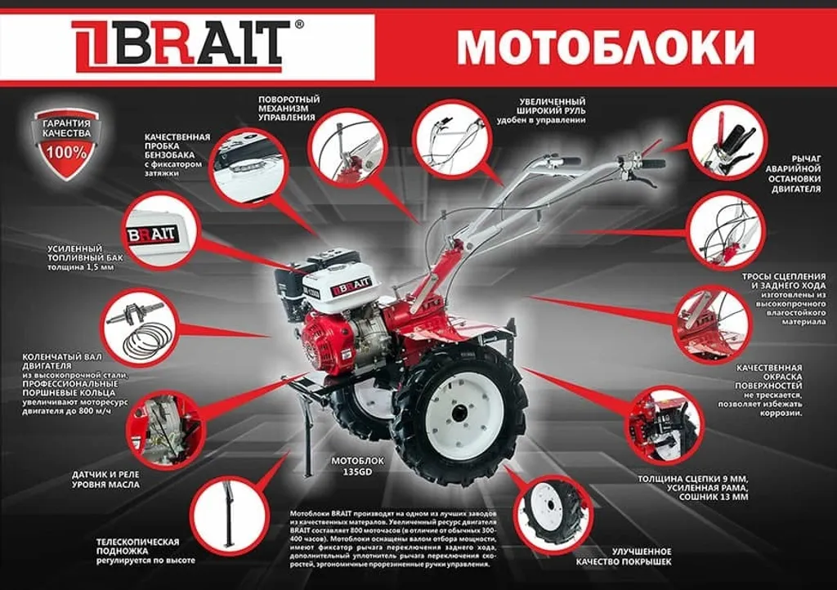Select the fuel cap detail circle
coord(246,164)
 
